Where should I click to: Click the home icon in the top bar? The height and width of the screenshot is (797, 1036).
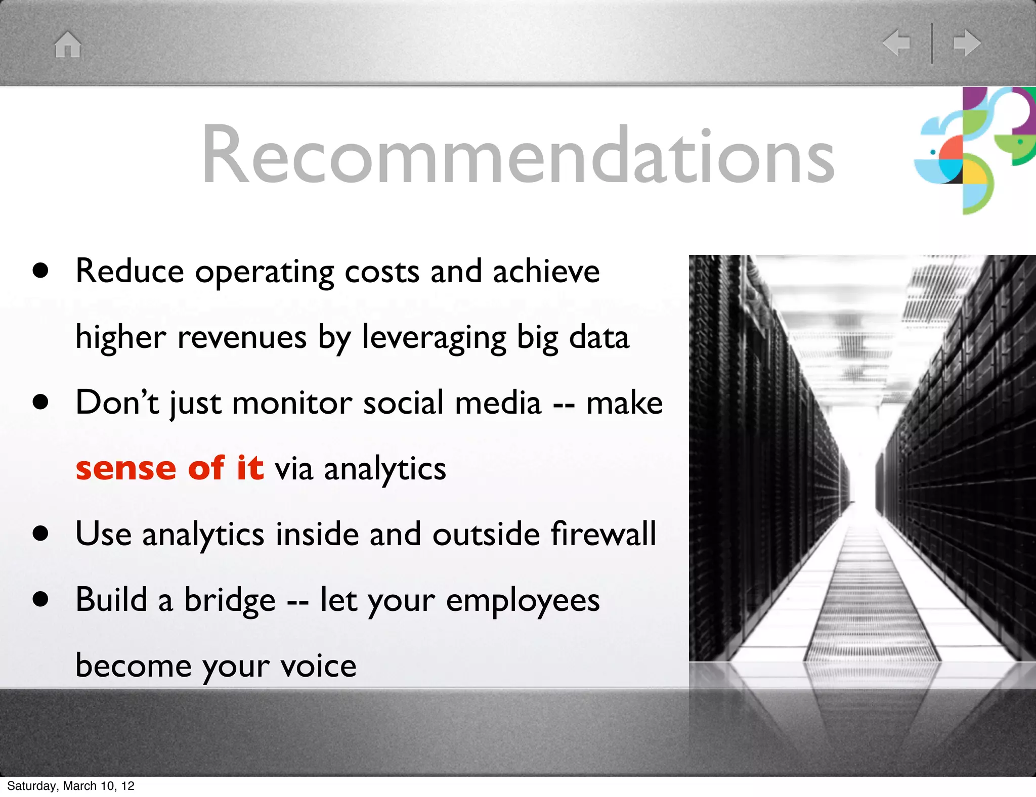[68, 45]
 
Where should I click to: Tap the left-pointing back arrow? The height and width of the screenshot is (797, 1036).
[896, 42]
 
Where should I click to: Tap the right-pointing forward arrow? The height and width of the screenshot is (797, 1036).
[967, 42]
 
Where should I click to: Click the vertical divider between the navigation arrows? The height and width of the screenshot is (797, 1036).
[932, 43]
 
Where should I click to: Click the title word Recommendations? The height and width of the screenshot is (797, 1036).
[517, 155]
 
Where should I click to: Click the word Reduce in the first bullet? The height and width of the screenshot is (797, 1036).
[129, 272]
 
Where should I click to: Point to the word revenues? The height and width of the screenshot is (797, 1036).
[242, 338]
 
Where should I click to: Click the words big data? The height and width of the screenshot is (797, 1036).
[573, 338]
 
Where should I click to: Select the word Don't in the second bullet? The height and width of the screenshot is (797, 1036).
[117, 403]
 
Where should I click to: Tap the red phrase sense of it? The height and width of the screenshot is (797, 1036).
[169, 468]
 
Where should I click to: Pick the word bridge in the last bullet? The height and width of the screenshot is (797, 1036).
[230, 600]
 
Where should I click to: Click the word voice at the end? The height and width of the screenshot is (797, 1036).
[319, 666]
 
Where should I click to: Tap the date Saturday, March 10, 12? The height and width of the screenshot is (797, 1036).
[71, 786]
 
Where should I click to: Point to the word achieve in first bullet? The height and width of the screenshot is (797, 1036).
[546, 272]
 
